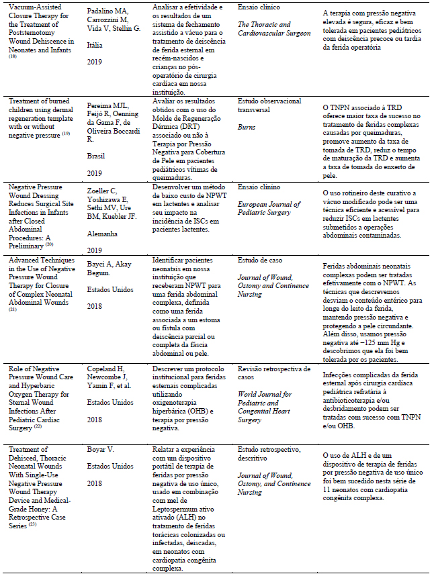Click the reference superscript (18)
pos(13,57)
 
